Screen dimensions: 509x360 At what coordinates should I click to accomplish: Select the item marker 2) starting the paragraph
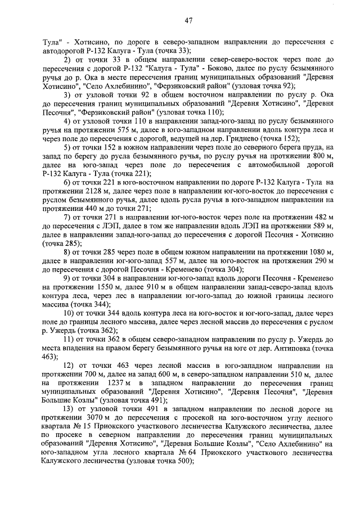pyautogui.click(x=67, y=58)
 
